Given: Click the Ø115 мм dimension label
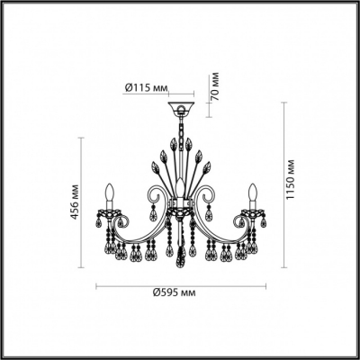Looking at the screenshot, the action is point(146,87).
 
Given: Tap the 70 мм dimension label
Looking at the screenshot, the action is point(215,86).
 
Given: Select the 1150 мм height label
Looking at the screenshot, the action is point(291,180).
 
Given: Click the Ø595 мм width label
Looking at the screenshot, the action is point(174,292).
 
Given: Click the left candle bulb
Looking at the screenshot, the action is point(110,193).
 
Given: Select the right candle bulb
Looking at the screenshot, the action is point(254,193).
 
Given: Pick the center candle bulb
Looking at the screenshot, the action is point(180,187).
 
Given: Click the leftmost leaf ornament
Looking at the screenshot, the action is point(155,166).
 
